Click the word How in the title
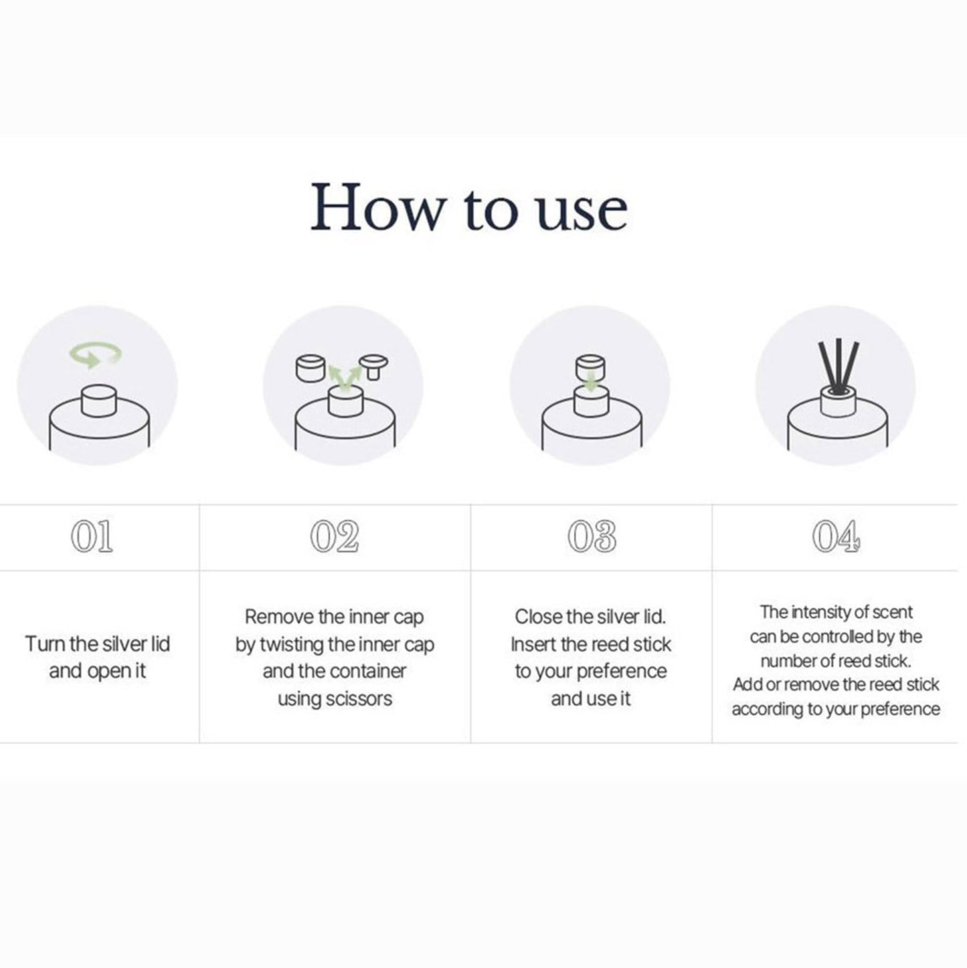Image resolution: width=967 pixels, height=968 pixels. pos(376,207)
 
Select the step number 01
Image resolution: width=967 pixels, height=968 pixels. pos(92,537)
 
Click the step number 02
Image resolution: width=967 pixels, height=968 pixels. pos(335,537)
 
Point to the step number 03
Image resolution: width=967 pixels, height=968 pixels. pos(592,537)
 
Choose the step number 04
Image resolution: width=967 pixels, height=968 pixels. pos(836,537)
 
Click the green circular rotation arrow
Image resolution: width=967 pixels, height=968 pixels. pos(96,354)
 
